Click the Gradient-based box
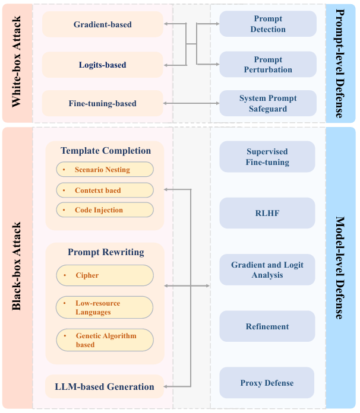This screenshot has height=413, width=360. pos(102,25)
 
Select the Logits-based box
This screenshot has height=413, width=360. pos(102,65)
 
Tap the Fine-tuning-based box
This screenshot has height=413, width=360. pos(102,104)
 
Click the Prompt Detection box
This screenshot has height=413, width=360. pos(268,24)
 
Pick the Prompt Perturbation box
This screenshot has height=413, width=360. pos(268,65)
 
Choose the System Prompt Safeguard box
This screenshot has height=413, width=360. pos(268,103)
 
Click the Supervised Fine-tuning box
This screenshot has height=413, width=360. pos(267,157)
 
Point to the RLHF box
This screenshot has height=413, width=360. pos(267,213)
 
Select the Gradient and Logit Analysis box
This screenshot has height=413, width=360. pos(267,269)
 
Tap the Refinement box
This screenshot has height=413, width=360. pos(267,326)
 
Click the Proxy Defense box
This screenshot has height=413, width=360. pos(267,383)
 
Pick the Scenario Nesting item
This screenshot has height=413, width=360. pos(105,170)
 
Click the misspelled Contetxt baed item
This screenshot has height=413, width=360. pos(105,190)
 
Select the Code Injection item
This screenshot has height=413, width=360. pos(105,210)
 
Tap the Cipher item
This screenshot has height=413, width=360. pos(105,275)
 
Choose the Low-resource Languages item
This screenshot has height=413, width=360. pos(105,307)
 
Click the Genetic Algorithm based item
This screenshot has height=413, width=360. pos(105,340)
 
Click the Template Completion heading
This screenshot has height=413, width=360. pos(106,151)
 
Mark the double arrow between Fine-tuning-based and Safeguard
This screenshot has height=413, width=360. pos(191,104)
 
